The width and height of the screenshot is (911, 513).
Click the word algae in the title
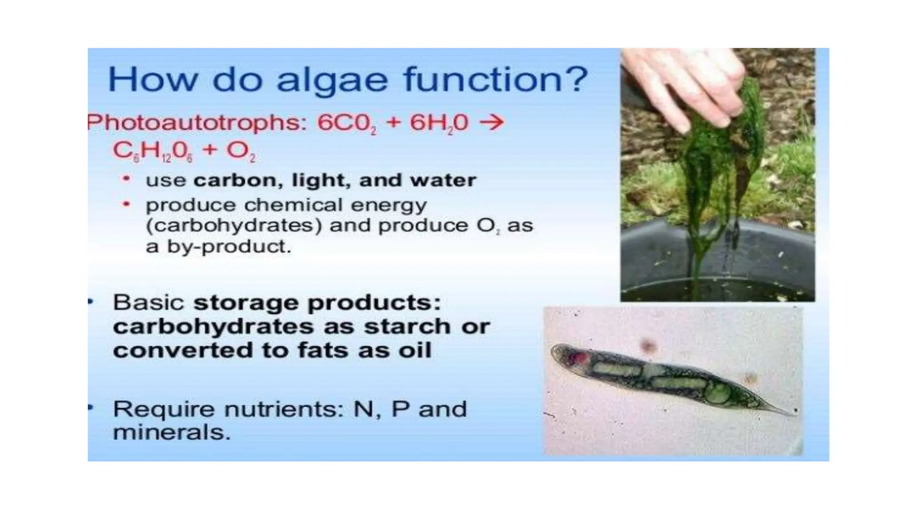pos(331,80)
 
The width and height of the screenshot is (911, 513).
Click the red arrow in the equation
pos(492,122)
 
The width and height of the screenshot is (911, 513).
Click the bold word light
pos(318,180)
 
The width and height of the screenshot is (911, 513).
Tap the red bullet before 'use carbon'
pos(126,179)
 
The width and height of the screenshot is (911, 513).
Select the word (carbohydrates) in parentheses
pos(234,226)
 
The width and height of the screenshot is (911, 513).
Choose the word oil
pos(415,350)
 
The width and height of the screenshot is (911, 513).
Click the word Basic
pos(148,303)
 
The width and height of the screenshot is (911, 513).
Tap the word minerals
pos(171,432)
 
